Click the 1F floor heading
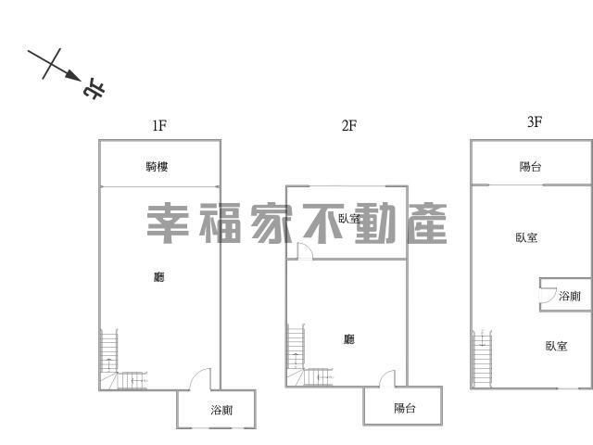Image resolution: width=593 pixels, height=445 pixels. coord(159,125)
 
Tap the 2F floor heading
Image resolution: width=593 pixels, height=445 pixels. coord(348,125)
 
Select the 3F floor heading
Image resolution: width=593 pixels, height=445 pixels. coord(534,121)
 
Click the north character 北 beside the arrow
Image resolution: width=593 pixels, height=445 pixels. coord(95,90)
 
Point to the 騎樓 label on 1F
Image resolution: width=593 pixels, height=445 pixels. coord(157,167)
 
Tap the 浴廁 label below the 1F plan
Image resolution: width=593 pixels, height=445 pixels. coord(221,410)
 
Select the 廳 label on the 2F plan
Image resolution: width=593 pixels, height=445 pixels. coord(349,340)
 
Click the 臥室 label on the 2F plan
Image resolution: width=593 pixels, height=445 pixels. coord(349,220)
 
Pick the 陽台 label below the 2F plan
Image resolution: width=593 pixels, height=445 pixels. coord(405,408)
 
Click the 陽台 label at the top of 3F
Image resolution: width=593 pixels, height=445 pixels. coord(530,167)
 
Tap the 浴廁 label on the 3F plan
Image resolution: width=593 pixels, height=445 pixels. coord(569,296)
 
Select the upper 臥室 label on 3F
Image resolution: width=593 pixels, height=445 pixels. coord(526,238)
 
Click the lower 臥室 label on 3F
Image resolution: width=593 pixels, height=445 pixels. coord(556,346)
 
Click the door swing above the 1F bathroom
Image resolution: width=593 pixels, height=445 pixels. coord(200,379)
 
